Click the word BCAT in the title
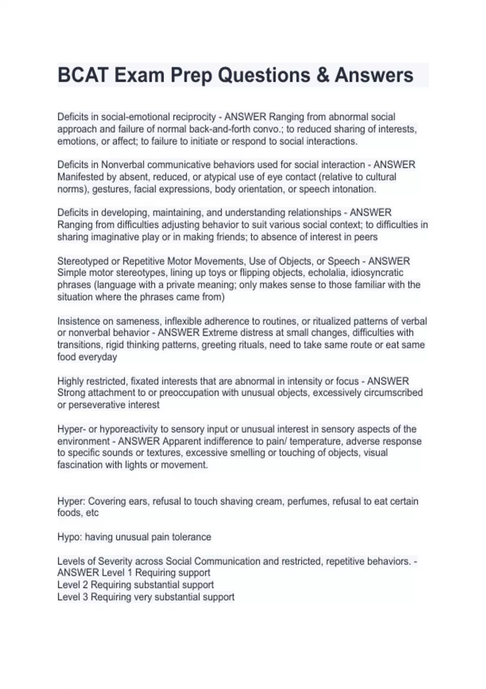[x=83, y=75]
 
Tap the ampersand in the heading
[x=322, y=75]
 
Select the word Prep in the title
[x=190, y=75]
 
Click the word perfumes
[x=307, y=501]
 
